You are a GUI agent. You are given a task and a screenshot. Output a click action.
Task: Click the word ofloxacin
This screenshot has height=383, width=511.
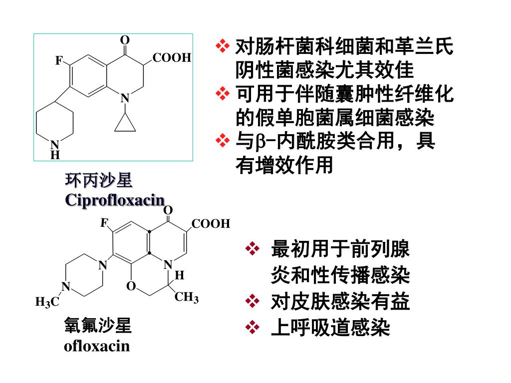pos(97,346)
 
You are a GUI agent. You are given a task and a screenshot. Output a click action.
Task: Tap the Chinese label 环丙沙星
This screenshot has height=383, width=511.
pos(98,180)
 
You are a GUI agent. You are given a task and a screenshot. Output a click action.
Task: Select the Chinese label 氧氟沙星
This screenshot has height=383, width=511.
pos(98,325)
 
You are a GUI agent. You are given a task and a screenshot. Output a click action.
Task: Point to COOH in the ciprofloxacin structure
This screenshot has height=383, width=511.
pos(172,58)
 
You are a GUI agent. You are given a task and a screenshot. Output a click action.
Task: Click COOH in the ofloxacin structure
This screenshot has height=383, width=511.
pos(211,224)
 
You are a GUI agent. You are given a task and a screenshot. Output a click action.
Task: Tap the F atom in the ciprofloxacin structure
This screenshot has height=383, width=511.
pos(59,60)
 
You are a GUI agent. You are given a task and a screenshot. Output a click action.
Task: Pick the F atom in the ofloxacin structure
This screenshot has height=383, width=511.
pos(104,223)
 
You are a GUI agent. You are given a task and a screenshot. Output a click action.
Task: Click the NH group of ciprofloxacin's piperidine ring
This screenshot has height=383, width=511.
pos(55,150)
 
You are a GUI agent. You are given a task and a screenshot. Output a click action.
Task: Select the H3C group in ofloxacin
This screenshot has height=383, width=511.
pos(47,302)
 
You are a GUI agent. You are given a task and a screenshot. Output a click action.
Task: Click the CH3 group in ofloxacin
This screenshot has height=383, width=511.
pos(187,297)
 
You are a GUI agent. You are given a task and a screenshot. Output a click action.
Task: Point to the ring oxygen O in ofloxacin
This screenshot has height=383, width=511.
pos(131,286)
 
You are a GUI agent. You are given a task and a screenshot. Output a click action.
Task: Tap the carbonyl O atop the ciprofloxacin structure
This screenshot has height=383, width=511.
pos(125,40)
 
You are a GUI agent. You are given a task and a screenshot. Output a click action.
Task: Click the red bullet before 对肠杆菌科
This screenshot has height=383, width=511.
pos(223,46)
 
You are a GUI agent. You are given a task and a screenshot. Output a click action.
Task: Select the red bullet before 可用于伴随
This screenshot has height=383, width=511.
pos(223,93)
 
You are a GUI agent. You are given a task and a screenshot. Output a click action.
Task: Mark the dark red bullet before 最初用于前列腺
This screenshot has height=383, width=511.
pos(253,248)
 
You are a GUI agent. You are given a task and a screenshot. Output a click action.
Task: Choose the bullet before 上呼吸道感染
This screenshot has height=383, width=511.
pos(253,327)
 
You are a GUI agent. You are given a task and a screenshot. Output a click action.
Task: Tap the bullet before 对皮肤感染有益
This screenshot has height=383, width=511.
pos(253,301)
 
